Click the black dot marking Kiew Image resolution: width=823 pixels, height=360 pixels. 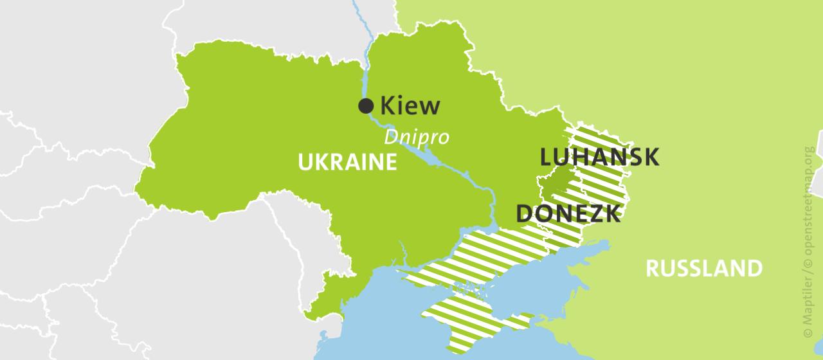coord(366,106)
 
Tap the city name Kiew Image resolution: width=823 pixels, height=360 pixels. coord(410,106)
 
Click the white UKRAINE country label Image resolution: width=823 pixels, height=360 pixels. coord(347,162)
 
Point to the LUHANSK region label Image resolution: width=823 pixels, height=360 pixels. coord(599,157)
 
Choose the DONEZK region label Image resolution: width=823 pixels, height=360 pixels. coord(568,213)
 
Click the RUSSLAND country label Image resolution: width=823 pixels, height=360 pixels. coord(703,268)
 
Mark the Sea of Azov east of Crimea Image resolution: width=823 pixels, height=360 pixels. coord(566,270)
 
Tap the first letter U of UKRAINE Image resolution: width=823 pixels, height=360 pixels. coord(305,162)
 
